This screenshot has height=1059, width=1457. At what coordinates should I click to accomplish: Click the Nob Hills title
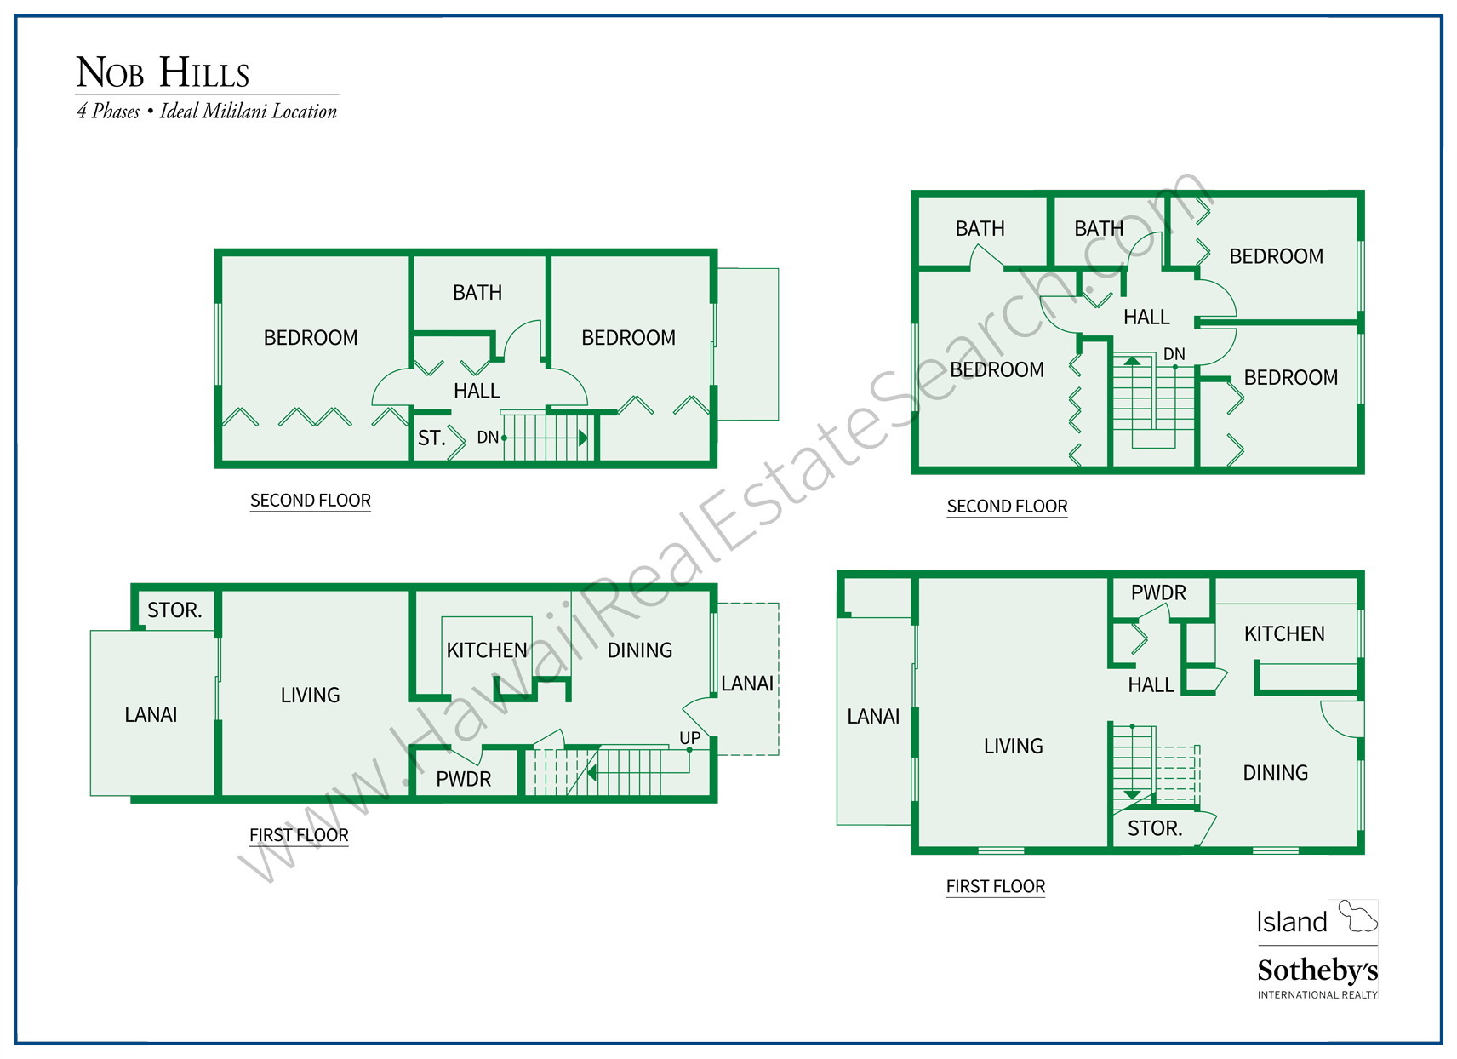pos(163,73)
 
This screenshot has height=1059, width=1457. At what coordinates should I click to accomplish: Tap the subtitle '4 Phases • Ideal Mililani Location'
pos(207,112)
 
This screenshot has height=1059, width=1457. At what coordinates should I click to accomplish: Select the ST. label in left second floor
pos(431,438)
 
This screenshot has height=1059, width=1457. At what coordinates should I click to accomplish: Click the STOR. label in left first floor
pos(174,610)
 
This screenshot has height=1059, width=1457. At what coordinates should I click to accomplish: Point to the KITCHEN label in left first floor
pos(487,650)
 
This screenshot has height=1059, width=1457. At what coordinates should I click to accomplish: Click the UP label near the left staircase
pos(689,738)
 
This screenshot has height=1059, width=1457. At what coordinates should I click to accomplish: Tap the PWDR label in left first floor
pos(463,779)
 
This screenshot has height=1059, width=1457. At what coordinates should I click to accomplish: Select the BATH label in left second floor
pos(477,293)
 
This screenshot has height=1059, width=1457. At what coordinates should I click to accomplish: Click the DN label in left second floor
pos(488,438)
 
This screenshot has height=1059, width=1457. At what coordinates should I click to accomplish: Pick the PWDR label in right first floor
pos(1158,593)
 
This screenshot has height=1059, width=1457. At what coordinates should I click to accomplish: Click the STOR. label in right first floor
pos(1155,829)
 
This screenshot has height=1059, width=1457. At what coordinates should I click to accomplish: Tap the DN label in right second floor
pos(1174,354)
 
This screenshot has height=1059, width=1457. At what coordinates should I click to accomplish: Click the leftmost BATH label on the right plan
pos(980,229)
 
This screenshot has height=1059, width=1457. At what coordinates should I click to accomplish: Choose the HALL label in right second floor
pos(1146,318)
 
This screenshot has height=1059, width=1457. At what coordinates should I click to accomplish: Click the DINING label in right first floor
pos(1275,773)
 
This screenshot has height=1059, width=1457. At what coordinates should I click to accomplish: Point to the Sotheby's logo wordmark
pos(1317,970)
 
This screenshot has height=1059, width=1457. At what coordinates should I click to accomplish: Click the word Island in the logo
pos(1292,922)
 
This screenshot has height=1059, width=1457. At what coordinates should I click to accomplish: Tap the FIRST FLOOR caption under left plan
pos(299,836)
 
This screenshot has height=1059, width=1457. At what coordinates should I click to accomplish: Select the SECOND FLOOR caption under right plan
pos(1007,507)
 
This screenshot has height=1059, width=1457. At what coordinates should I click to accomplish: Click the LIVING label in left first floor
pos(310,696)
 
